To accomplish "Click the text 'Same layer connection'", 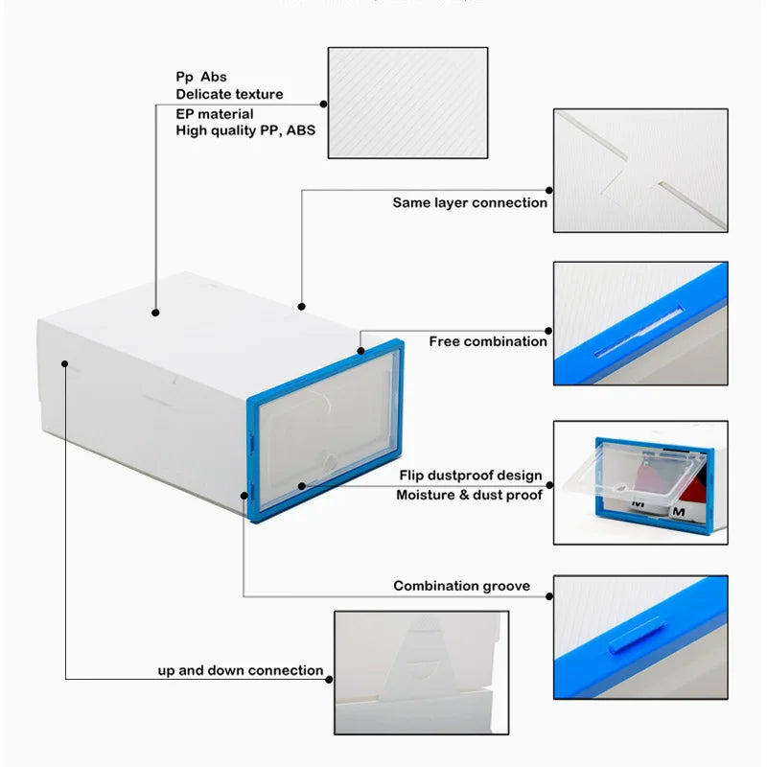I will pos(470,202).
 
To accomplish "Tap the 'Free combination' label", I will pos(488,341).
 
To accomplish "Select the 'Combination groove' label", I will pos(461,586).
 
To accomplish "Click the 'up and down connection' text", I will pos(241,670).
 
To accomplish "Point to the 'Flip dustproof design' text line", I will pos(471,476).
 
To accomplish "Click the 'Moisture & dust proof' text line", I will pos(469,495).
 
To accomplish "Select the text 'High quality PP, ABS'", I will pos(245,130).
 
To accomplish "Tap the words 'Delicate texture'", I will pos(229,94).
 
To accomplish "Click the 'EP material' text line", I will pos(215,113).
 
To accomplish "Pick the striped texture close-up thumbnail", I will pos(407,103).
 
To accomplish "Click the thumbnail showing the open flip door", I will pos(639,482).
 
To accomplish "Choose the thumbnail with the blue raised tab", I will pos(639,637).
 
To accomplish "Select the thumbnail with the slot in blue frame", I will pos(639,323).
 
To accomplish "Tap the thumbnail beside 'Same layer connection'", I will pos(639,170).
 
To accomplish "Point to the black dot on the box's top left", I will pos(155,312).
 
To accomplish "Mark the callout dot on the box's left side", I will pos(65,363).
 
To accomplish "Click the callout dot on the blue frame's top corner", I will pos(361,350).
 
